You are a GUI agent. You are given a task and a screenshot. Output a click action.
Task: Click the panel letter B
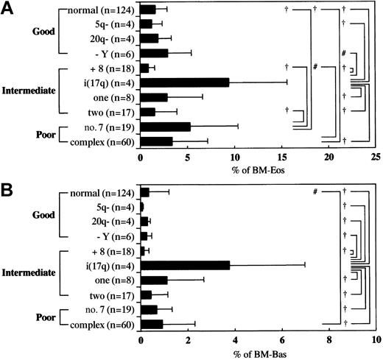(10, 186)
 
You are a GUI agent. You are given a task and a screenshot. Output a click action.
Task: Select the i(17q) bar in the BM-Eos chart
(184, 82)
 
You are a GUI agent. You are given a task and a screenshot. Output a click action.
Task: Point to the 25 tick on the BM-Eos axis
(375, 157)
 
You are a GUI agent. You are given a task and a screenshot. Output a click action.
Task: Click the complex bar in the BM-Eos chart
(156, 141)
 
